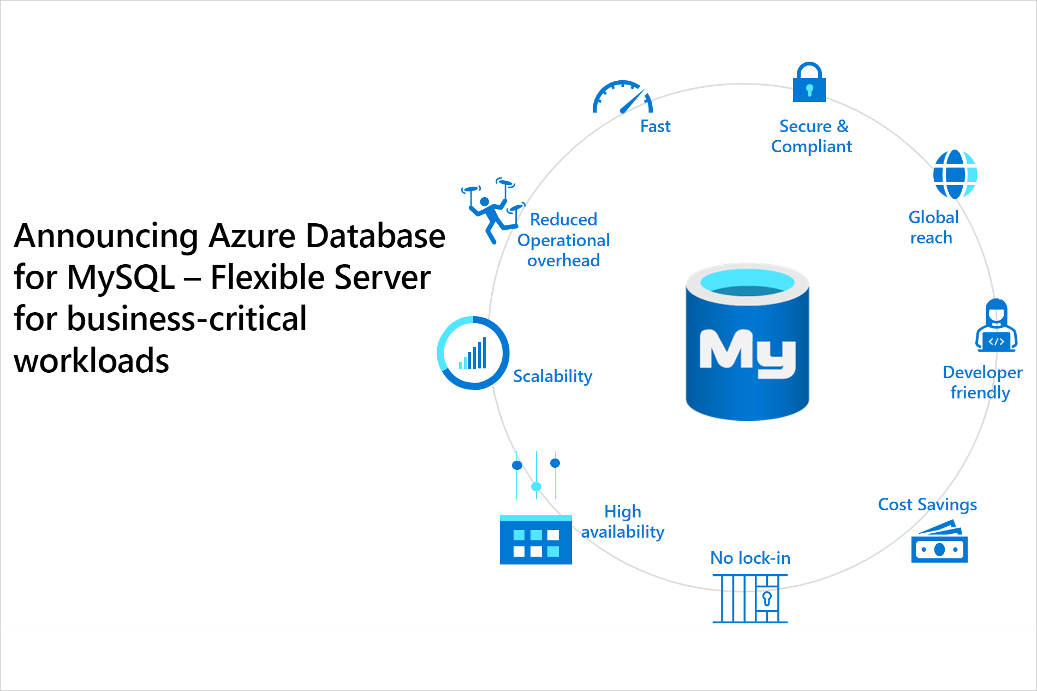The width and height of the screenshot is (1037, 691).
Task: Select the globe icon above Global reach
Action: click(x=955, y=175)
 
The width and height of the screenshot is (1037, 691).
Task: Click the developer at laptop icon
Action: click(x=996, y=326)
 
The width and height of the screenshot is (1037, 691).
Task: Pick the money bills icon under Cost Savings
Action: click(x=939, y=543)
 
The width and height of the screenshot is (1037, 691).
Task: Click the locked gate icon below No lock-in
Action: click(x=750, y=599)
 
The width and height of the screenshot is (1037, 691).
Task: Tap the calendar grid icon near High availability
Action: click(x=535, y=540)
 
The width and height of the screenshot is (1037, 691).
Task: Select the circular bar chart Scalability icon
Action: click(x=473, y=353)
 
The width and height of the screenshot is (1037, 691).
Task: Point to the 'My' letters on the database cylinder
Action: click(x=747, y=353)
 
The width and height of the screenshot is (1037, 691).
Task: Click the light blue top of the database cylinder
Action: click(x=747, y=282)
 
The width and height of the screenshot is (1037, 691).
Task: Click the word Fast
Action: click(x=655, y=127)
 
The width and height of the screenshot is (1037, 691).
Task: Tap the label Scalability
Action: click(x=552, y=376)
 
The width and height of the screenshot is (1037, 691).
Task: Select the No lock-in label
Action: click(x=750, y=558)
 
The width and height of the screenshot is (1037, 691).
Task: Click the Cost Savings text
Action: click(x=927, y=504)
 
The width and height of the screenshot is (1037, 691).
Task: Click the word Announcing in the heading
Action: click(x=106, y=236)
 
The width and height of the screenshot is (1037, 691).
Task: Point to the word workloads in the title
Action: click(x=92, y=361)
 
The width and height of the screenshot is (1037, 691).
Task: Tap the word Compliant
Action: click(x=811, y=147)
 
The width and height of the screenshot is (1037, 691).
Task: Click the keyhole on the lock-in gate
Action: click(x=767, y=599)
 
